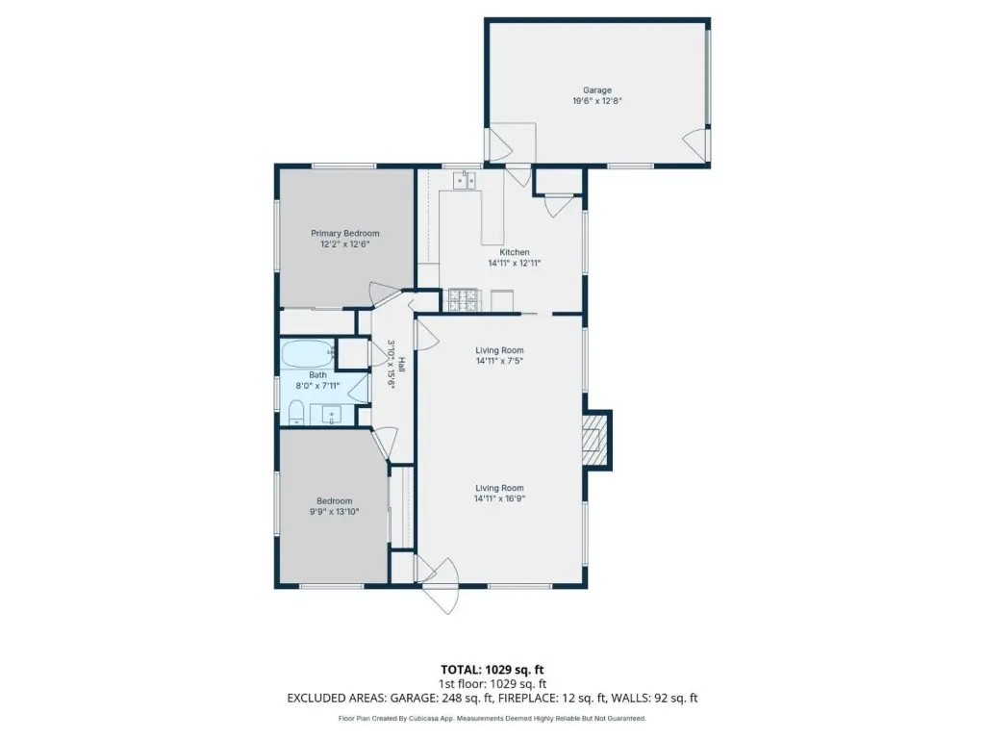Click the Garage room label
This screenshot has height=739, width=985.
[x=596, y=89]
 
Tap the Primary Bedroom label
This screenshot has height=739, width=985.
[x=345, y=233]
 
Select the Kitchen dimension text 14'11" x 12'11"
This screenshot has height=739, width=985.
[x=515, y=264]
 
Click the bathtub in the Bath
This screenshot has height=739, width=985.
[x=307, y=354]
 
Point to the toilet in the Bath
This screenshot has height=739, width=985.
[x=296, y=414]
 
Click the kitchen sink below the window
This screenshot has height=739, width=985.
[x=465, y=180]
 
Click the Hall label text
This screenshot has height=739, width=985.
[x=401, y=364]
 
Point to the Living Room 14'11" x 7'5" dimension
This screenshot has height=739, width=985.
[x=499, y=361]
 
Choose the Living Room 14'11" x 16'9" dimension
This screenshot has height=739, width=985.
[x=499, y=498]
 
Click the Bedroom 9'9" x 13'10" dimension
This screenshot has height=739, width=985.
[x=334, y=512]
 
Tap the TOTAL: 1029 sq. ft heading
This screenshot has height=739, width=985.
[x=492, y=670]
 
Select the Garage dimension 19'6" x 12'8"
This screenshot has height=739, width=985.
[x=596, y=100]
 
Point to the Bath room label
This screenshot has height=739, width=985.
[x=317, y=374]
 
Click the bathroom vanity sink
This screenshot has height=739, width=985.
[x=332, y=416]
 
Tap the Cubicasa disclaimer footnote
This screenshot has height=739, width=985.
[x=492, y=718]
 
